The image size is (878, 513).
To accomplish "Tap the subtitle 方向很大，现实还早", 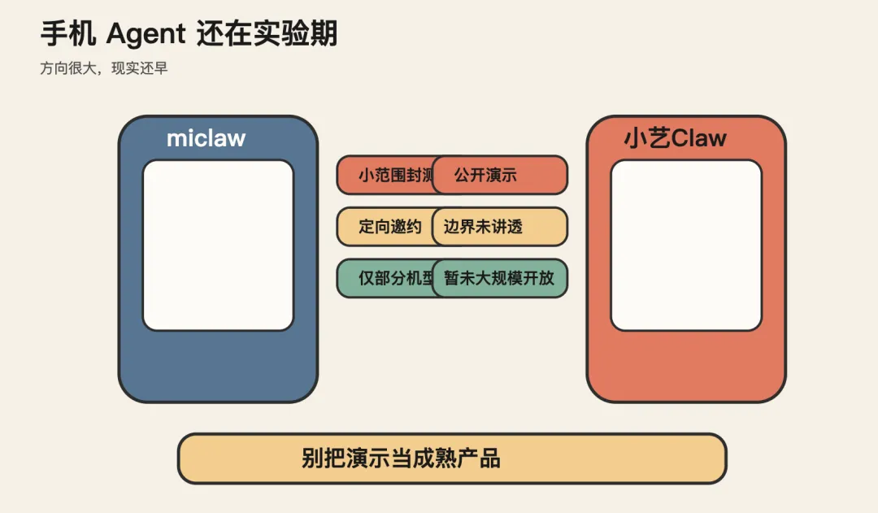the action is click(x=104, y=69).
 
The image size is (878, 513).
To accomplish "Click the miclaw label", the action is click(x=206, y=138).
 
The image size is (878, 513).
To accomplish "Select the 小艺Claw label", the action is click(x=675, y=138).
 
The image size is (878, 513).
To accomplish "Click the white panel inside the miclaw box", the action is click(x=218, y=246).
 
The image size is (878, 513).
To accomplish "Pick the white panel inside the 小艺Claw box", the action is click(x=686, y=246).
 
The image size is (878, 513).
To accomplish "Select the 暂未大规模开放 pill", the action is click(x=499, y=278).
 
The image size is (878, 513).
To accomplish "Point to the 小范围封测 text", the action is click(x=395, y=176).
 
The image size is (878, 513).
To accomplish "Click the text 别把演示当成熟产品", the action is click(x=401, y=459).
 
